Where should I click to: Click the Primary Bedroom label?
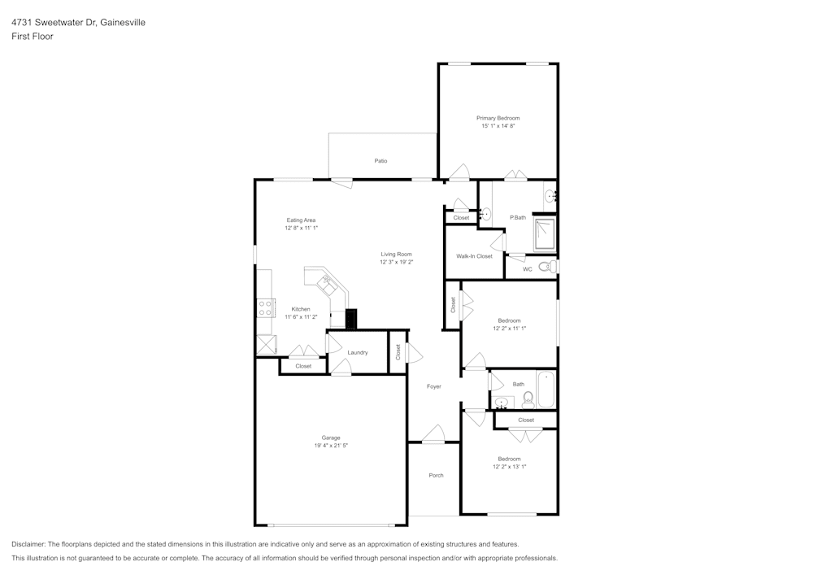[498, 118]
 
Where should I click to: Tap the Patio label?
[380, 161]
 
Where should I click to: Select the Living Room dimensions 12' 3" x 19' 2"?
[396, 263]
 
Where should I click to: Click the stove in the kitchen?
[265, 307]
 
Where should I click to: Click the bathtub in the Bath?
[546, 389]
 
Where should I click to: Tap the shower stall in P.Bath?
[544, 234]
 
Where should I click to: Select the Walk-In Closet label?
[474, 256]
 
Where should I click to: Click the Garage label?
[330, 438]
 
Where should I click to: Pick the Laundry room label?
[357, 352]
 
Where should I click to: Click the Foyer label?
[434, 386]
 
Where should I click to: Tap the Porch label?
[436, 475]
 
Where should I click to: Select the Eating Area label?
[301, 220]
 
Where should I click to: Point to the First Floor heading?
[33, 37]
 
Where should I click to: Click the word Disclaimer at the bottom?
[28, 543]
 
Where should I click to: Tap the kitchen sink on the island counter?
[328, 283]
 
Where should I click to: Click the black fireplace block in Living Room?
[351, 319]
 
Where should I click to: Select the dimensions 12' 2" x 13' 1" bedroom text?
[509, 467]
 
